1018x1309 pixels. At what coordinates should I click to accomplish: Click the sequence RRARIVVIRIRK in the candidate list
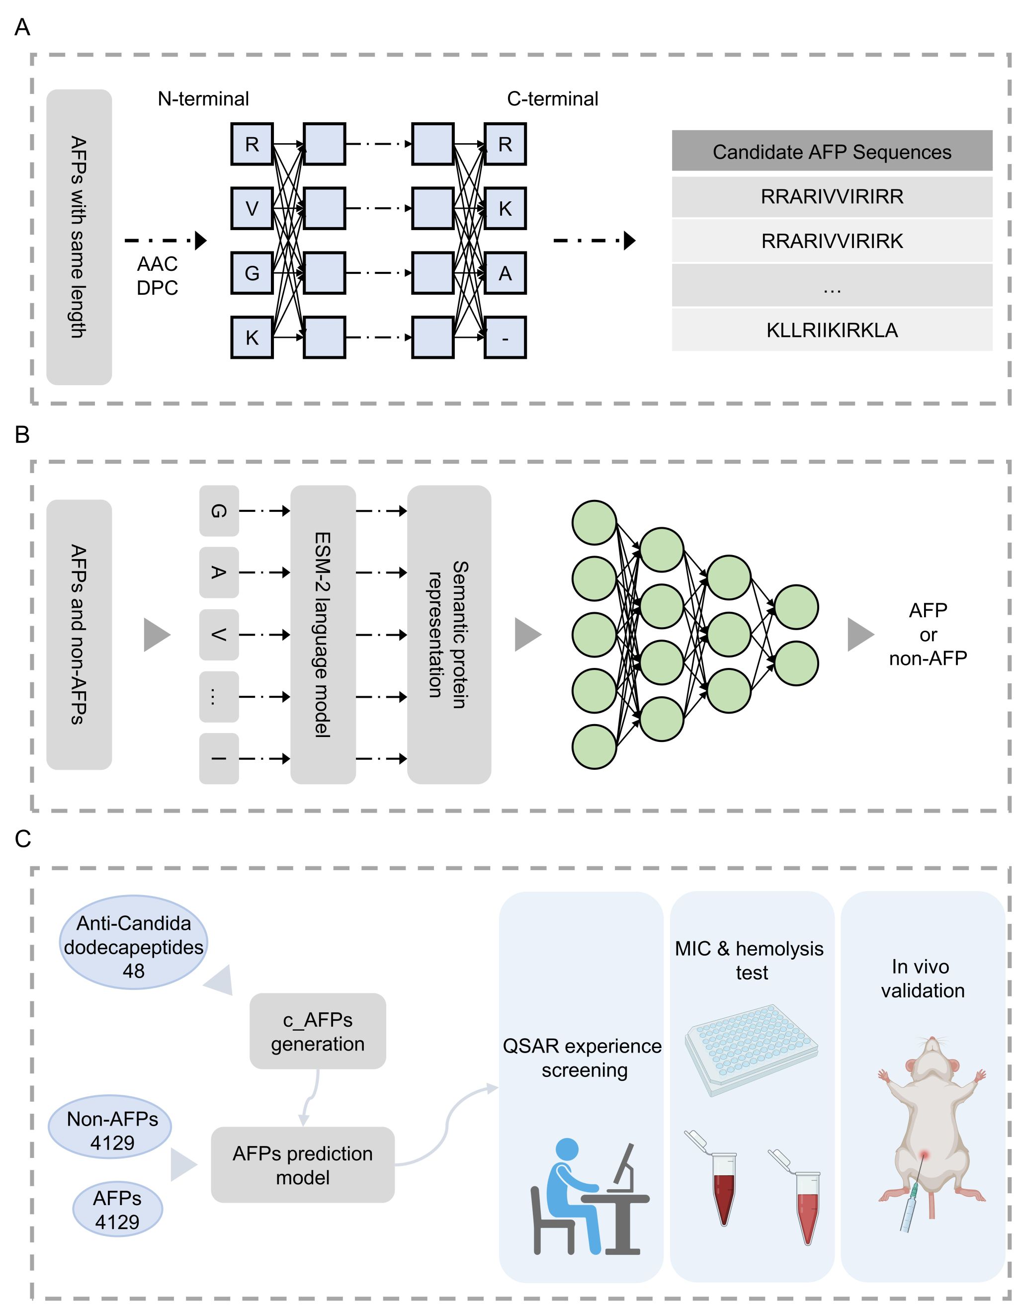pos(832,241)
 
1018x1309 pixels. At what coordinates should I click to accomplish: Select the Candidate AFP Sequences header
pos(832,152)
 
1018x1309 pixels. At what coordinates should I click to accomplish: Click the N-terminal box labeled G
pos(252,273)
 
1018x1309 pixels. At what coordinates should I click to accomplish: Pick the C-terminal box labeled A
pos(505,273)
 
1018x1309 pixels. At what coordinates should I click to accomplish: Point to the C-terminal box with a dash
pos(505,338)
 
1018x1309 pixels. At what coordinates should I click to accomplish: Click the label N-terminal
pos(203,99)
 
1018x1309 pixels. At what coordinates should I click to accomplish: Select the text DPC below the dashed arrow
pos(157,288)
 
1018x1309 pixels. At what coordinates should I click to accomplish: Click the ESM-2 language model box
pos(323,634)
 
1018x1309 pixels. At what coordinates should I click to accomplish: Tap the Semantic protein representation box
pos(448,634)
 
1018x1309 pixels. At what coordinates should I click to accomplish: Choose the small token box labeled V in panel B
pos(219,634)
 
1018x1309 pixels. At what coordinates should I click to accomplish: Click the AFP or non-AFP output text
pos(928,634)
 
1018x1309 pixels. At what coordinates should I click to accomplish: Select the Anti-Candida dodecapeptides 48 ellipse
pos(133,947)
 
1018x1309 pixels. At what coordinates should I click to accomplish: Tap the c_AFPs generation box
pos(317,1032)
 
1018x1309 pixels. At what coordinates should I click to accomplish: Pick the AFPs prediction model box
pos(303,1165)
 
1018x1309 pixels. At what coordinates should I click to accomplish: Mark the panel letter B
pos(22,434)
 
